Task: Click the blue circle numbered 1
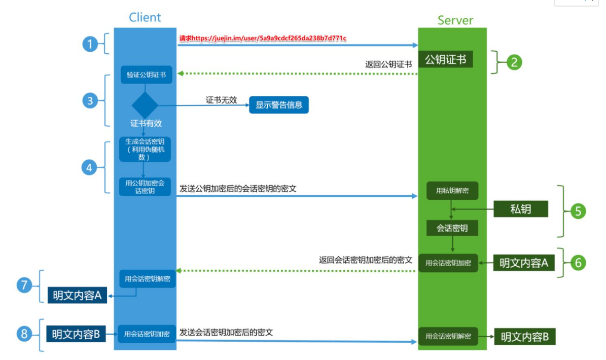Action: tap(90, 45)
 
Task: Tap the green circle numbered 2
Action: tap(514, 62)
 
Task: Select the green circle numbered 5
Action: tap(578, 210)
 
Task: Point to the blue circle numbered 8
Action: tap(23, 334)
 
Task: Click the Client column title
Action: tap(145, 17)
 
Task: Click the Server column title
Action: tap(455, 20)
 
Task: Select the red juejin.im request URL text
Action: tap(263, 38)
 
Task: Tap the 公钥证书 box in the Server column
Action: tap(446, 60)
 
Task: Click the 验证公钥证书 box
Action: tap(146, 75)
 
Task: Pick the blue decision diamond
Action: tap(145, 105)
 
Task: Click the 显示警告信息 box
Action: tap(278, 105)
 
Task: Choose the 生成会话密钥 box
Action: tap(145, 149)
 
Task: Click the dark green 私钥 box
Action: tap(521, 209)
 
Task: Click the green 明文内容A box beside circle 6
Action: tap(524, 263)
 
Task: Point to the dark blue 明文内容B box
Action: tap(76, 334)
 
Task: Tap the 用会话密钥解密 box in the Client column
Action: tap(148, 279)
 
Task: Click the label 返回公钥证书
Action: tap(388, 64)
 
